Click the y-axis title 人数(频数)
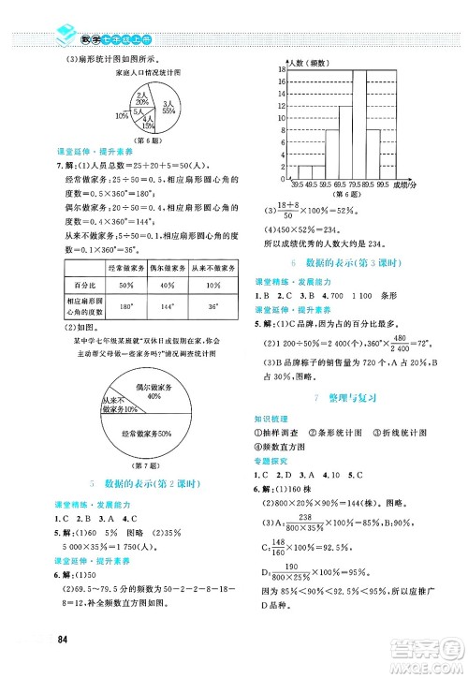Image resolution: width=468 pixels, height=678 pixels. coord(305,63)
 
